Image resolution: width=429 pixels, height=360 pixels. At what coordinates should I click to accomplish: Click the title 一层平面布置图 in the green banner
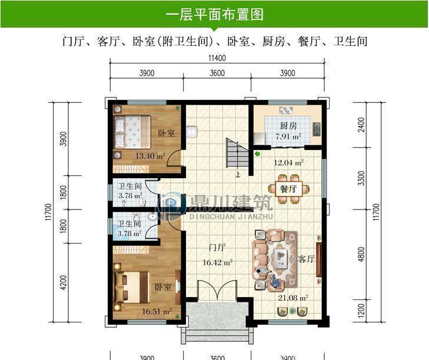tap(214, 14)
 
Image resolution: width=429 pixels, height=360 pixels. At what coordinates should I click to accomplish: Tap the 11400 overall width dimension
tap(217, 58)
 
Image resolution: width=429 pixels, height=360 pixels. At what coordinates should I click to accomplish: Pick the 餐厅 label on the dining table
tap(287, 189)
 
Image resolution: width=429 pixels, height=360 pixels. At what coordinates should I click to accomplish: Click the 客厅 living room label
tap(306, 259)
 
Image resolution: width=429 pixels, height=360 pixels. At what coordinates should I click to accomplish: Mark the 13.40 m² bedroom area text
tap(149, 156)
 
